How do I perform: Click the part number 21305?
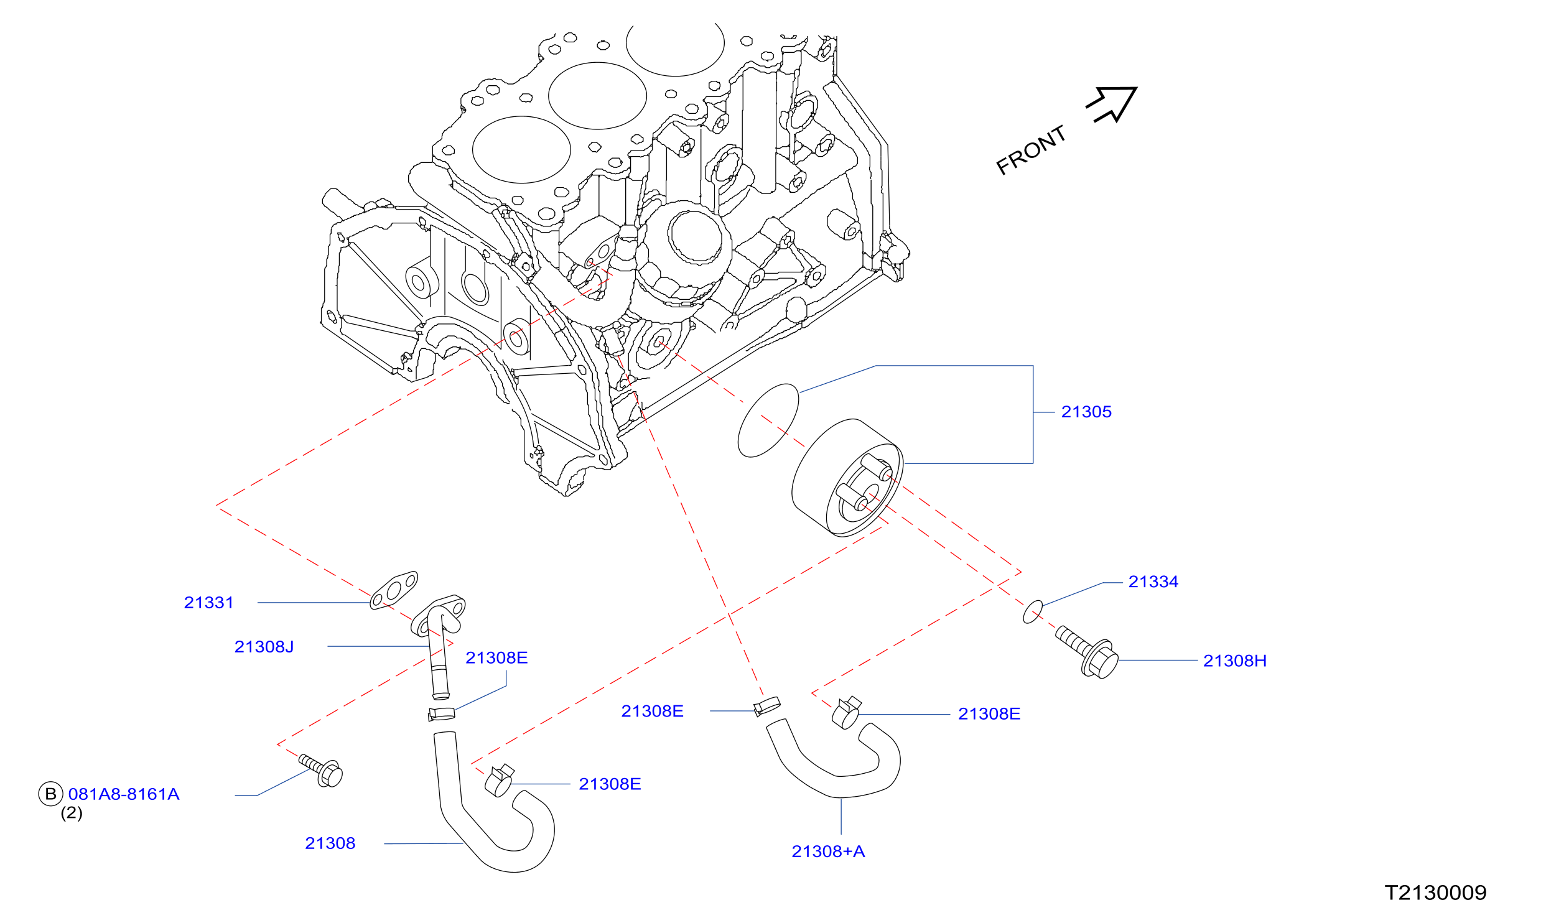click(x=1086, y=412)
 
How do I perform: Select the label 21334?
click(x=1153, y=582)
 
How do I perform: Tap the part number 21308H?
click(x=1234, y=661)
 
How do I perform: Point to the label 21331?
click(x=208, y=603)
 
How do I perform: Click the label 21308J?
click(x=264, y=647)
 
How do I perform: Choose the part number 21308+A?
click(x=828, y=851)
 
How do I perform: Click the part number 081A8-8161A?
click(x=124, y=794)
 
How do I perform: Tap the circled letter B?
click(x=51, y=794)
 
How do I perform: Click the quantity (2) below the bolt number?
click(x=72, y=813)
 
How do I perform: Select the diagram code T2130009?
click(x=1435, y=893)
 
